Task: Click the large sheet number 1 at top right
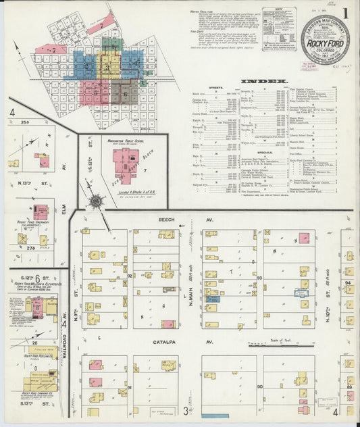point(344,14)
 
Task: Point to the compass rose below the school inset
point(97,201)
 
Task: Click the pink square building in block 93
point(304,238)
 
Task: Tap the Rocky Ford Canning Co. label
point(38,393)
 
